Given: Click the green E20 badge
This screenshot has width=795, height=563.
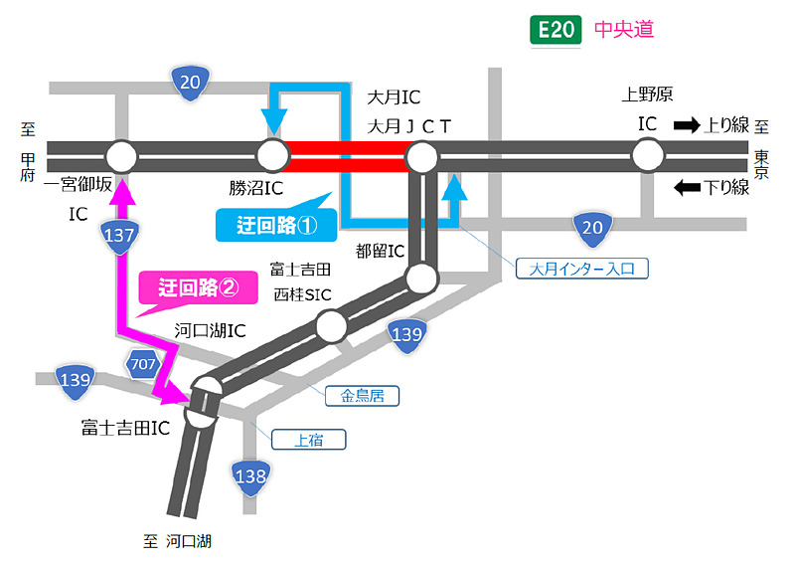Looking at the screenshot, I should pos(555,30).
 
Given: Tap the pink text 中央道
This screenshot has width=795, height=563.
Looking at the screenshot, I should pos(624,30).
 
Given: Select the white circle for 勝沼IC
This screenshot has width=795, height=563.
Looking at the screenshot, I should pos(272,156).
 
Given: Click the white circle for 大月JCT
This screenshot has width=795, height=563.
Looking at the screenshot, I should pos(422,156).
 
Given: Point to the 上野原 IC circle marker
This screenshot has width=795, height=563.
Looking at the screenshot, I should pos(647,156).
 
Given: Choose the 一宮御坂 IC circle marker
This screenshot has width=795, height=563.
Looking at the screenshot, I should pos(121,156).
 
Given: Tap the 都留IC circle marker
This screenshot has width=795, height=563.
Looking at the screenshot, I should pos(422,278).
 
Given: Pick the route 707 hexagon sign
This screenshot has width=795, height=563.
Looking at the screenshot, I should pos(141,365).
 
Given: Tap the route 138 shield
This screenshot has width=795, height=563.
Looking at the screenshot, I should pos(250,476).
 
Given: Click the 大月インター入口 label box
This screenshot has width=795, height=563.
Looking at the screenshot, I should pos(582,268).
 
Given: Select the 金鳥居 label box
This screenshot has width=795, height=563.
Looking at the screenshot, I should pos(362,396).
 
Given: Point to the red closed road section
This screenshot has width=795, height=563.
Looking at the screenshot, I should pos(346,156).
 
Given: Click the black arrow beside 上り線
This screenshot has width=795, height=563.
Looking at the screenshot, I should pos(687,125).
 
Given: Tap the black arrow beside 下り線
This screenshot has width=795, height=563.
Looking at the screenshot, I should pos(687,187).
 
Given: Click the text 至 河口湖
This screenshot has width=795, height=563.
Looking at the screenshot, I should pos(177,542).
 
